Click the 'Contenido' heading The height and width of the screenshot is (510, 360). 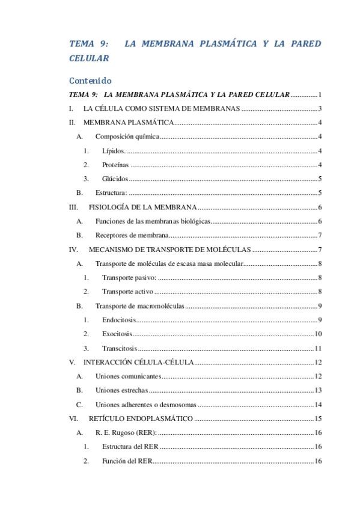point(90,81)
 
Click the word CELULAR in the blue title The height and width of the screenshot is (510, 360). point(89,59)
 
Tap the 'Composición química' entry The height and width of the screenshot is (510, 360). point(127,137)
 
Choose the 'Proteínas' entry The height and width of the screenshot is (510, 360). point(115,165)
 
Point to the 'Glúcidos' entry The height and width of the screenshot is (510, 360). point(115,179)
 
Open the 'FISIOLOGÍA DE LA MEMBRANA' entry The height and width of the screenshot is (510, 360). point(142,207)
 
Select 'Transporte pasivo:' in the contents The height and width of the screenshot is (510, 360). point(129,277)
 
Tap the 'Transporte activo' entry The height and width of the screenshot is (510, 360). point(127,292)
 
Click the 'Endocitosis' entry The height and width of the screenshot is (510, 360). point(119,319)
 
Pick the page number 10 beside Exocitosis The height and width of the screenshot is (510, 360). point(319,334)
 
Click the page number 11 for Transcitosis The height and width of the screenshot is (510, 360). point(319,348)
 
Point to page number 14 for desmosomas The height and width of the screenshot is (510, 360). point(319,405)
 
